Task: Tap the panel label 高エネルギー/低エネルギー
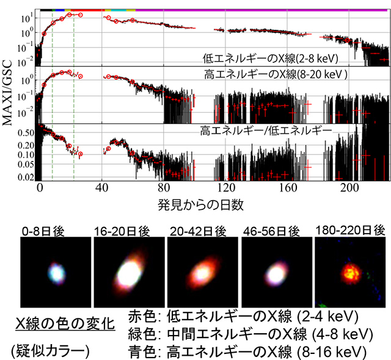click(266, 130)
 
